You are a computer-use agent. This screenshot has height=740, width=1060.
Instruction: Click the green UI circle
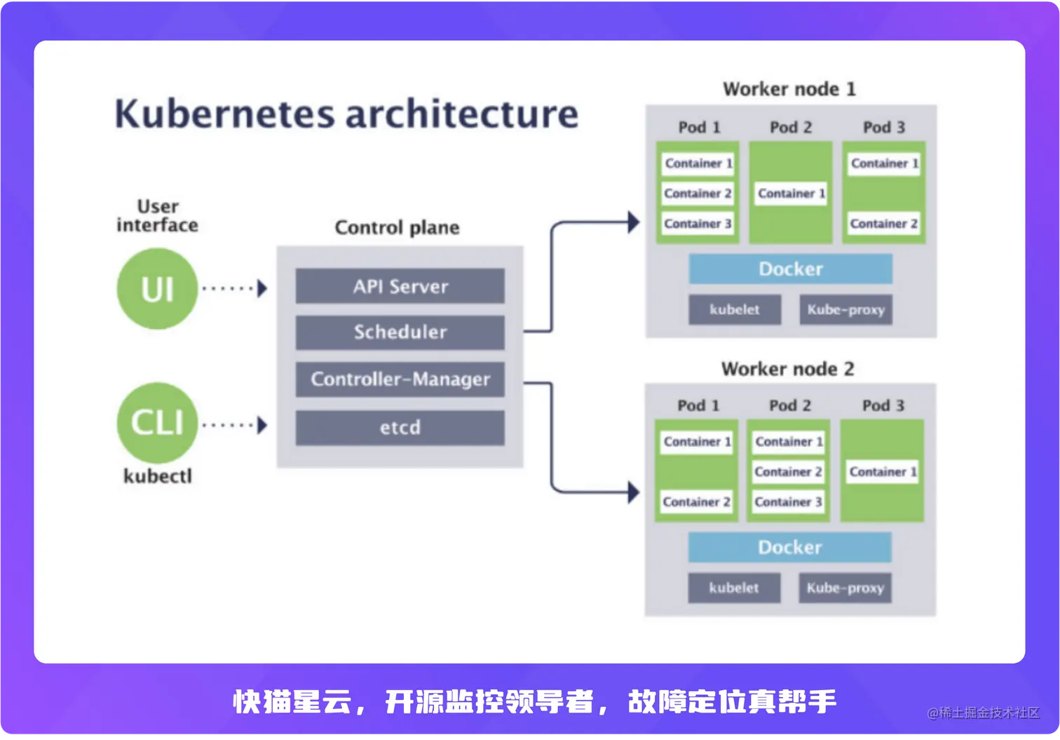coord(157,288)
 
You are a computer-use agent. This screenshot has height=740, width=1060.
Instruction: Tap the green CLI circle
coord(157,422)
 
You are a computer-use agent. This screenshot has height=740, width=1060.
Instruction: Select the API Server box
coord(400,286)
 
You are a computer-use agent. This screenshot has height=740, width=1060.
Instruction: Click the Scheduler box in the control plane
coord(400,332)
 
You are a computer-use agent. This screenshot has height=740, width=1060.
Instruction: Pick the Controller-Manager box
coord(400,379)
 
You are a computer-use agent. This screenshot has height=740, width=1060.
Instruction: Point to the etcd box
coord(400,427)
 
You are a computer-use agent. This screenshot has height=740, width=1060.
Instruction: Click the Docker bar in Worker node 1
coord(790,269)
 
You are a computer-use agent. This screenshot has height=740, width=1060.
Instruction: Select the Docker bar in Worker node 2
coord(789,547)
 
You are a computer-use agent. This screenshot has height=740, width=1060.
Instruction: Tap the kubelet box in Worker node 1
coord(734,309)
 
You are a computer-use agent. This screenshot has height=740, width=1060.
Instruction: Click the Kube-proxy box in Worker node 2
coord(845,588)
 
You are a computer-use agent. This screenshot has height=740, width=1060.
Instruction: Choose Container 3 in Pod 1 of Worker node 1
coord(698,224)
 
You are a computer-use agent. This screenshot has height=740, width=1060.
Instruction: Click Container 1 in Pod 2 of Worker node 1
coord(791,194)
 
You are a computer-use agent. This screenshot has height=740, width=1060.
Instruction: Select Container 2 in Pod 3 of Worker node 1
coord(883,224)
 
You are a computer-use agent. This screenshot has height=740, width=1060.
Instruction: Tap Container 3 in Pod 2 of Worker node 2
coord(788,502)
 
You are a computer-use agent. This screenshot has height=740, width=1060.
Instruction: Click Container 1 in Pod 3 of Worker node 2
coord(883,472)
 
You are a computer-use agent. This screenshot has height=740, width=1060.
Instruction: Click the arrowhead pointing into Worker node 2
coord(633,492)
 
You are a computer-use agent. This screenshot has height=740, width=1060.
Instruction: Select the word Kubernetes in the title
coord(224,114)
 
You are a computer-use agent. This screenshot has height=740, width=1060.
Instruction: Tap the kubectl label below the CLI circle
coord(157,476)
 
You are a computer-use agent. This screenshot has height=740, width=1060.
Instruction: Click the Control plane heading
coord(397,227)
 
